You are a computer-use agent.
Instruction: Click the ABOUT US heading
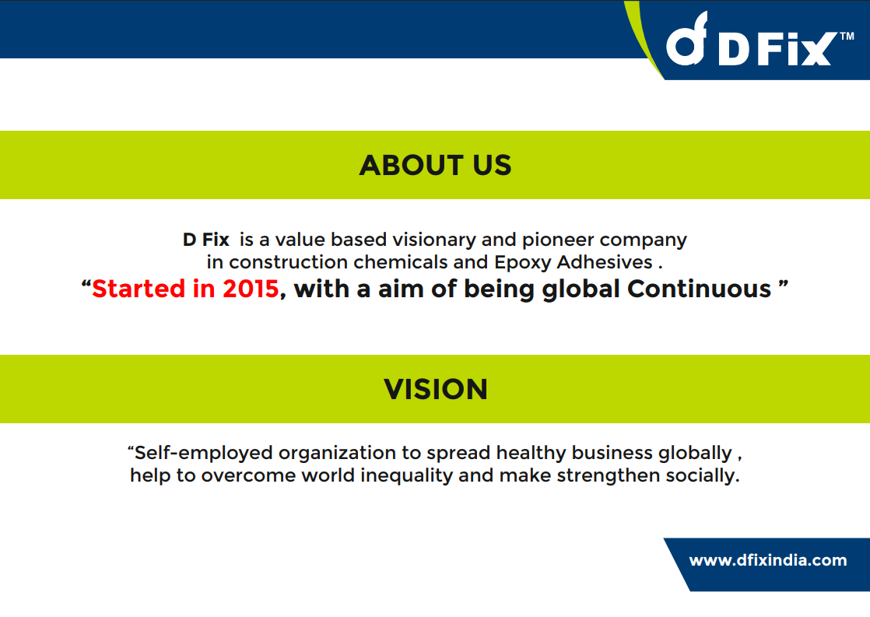pos(435,166)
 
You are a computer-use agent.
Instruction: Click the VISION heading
pos(436,390)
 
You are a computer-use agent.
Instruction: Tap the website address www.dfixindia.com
pos(768,560)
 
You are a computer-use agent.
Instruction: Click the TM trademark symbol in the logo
pos(847,37)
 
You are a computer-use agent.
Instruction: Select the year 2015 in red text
pos(251,289)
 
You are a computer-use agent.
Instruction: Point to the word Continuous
pos(699,289)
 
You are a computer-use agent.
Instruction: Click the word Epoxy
pos(523,263)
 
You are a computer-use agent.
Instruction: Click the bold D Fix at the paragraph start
pos(206,240)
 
